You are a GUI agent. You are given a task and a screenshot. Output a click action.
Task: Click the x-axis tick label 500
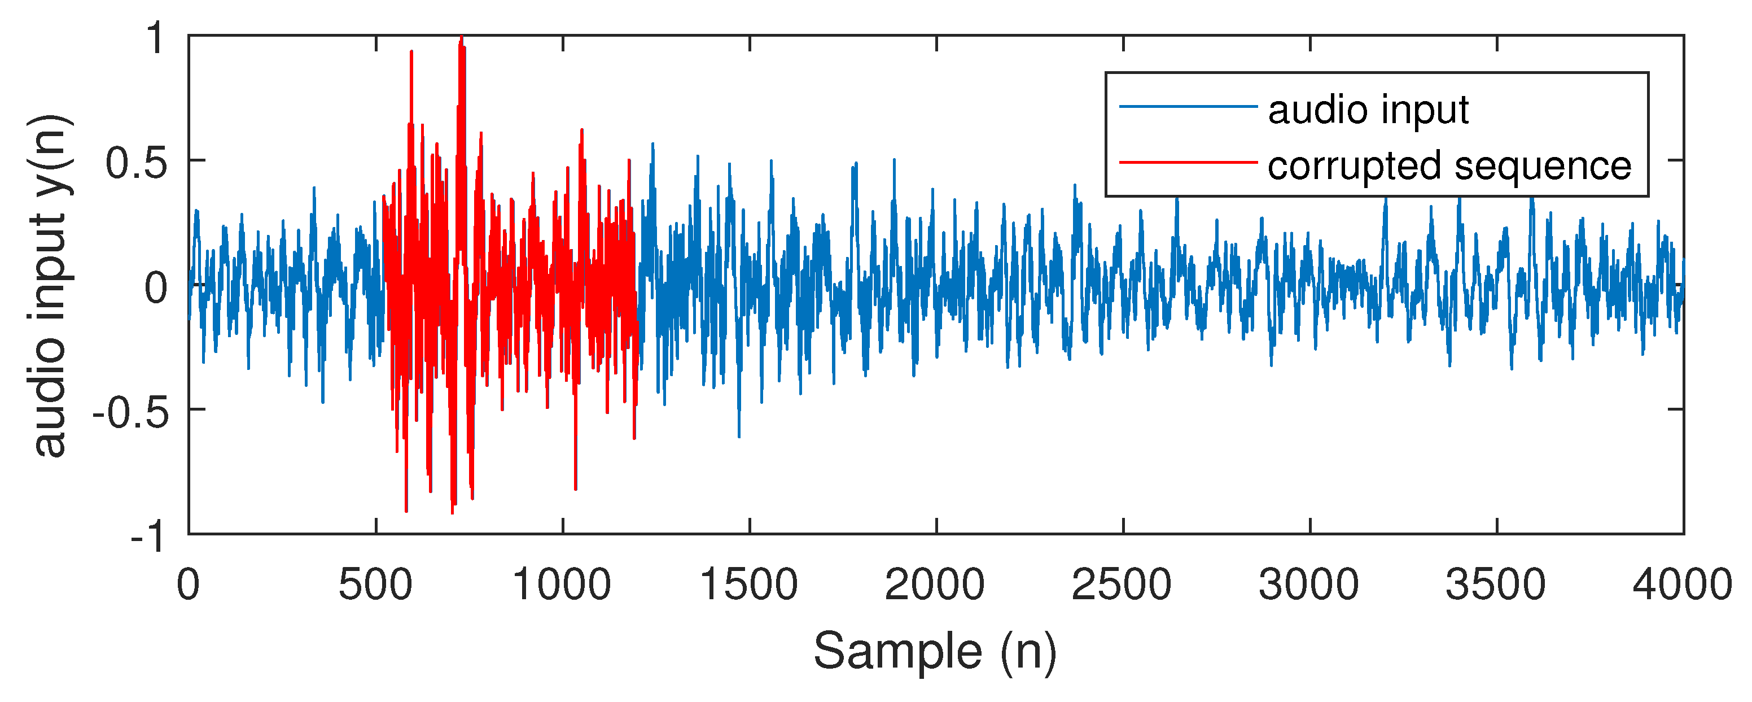pos(375,585)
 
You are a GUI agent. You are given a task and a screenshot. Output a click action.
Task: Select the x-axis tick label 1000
pos(562,585)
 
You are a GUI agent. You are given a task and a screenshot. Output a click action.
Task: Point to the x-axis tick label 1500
pos(749,585)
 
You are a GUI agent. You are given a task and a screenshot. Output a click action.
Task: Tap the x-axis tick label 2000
pos(935,585)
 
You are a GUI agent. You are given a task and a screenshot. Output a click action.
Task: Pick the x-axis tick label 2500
pos(1122,585)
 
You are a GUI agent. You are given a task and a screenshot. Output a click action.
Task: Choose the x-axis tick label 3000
pos(1309,585)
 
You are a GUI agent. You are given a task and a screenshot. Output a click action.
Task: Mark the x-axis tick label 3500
pos(1496,585)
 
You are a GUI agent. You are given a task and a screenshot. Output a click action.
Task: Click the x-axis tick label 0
pos(189,585)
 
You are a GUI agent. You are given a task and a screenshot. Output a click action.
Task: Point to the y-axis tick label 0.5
pos(136,163)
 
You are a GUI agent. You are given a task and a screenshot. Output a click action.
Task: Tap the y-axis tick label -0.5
pos(130,412)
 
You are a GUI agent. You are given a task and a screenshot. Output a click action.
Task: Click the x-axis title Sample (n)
pos(935,652)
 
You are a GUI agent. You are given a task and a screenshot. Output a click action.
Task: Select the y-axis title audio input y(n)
pos(50,286)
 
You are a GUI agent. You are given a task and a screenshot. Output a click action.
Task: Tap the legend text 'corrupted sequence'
pos(1449,165)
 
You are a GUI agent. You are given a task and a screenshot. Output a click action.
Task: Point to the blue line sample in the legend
pos(1188,106)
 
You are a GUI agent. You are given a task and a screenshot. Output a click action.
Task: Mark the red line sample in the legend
pos(1188,163)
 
